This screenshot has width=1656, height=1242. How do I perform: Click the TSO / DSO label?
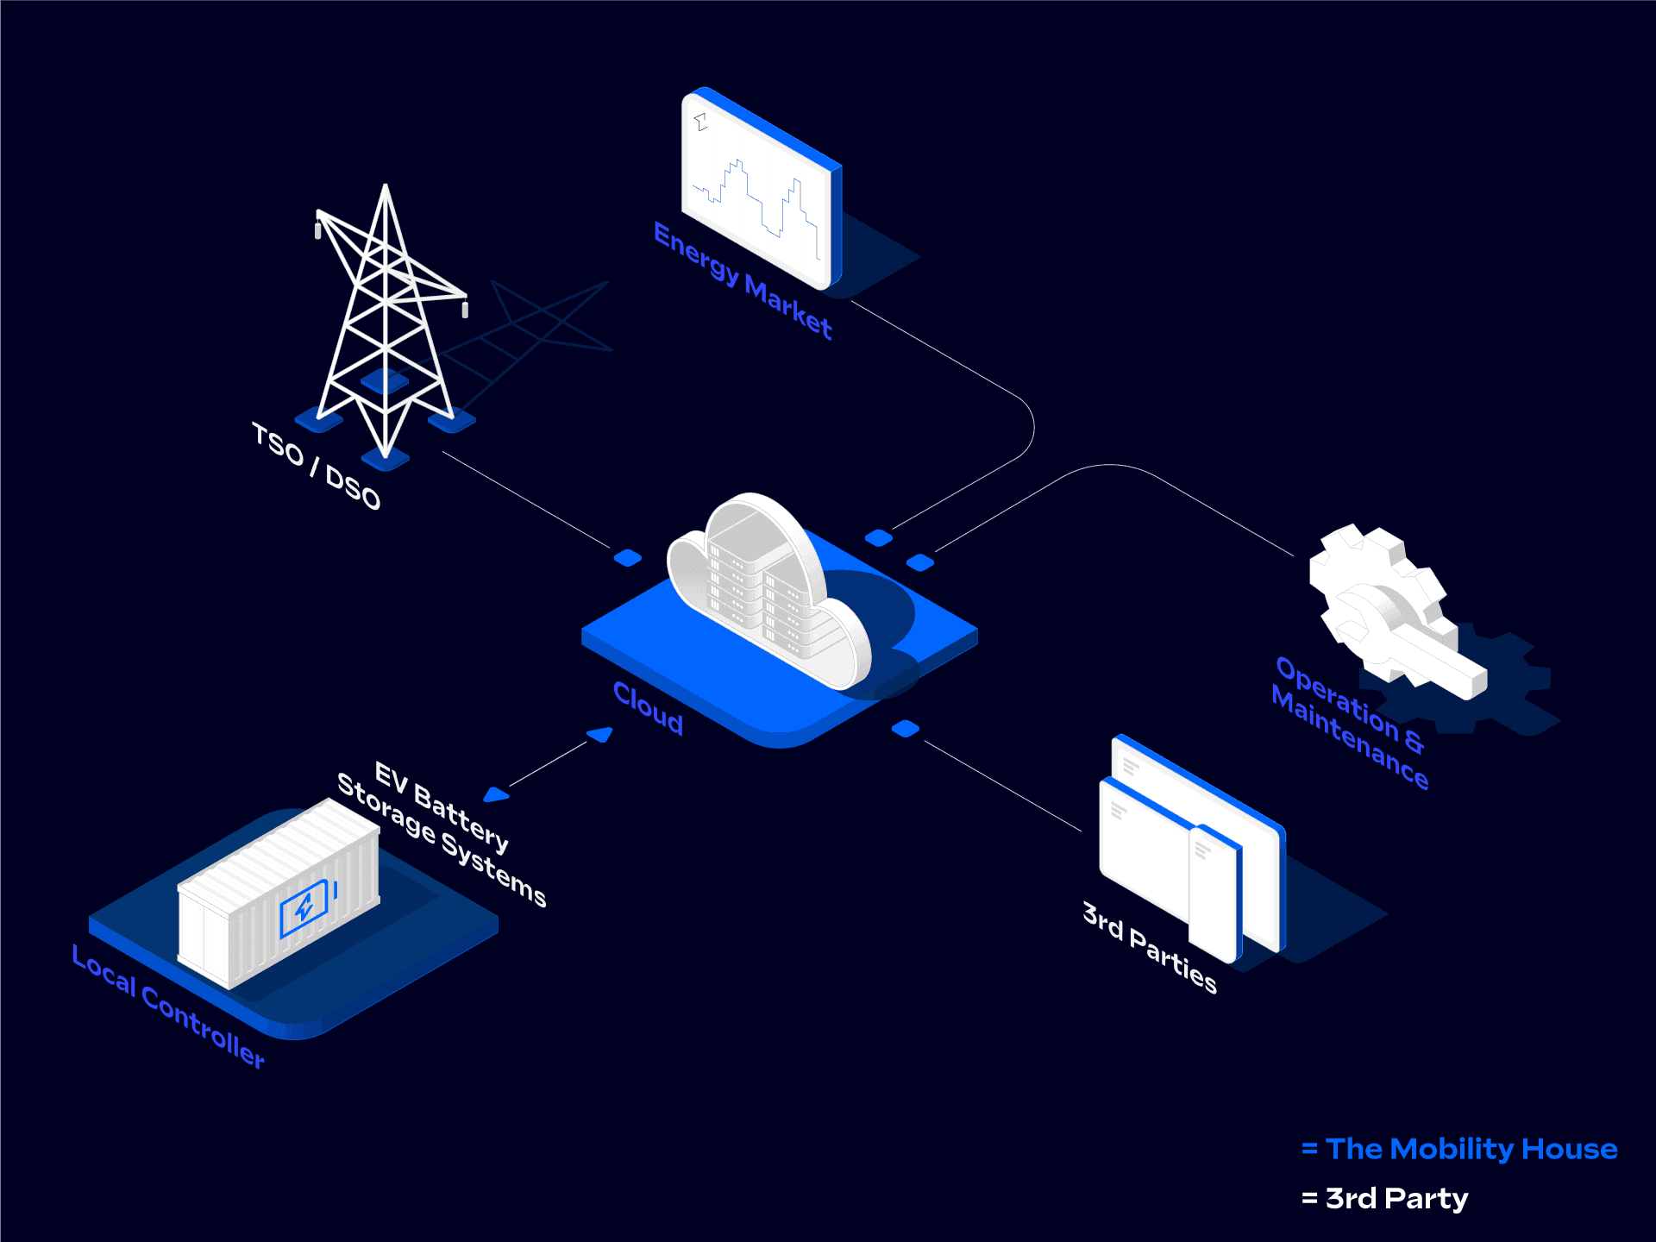point(316,467)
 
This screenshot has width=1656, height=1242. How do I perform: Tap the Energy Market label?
point(743,281)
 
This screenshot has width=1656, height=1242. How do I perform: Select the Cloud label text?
point(648,708)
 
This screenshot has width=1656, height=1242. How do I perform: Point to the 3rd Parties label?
point(1150,948)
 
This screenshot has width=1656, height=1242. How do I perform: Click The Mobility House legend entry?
point(1471,1149)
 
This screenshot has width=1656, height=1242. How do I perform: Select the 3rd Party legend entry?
point(1396,1198)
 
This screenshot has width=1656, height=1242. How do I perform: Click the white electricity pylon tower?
point(386,319)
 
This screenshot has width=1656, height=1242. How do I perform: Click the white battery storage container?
point(278,893)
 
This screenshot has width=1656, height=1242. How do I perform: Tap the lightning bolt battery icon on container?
point(304,908)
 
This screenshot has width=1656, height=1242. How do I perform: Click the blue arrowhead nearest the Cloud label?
point(600,734)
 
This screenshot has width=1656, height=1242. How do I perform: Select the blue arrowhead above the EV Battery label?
point(496,794)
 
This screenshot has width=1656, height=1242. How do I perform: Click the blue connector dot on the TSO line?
point(628,558)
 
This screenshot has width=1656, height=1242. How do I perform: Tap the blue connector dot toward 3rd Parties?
point(905,729)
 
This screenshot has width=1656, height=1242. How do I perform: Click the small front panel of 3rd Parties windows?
point(1214,893)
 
